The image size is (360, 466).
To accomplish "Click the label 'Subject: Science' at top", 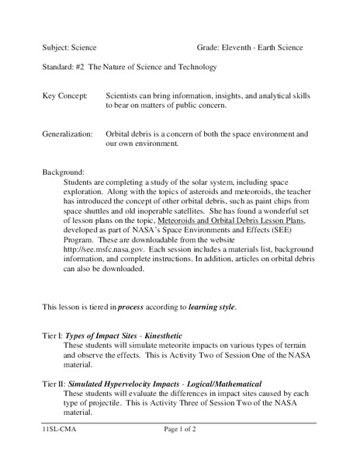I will pyautogui.click(x=70, y=47).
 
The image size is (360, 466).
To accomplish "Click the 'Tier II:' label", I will pyautogui.click(x=54, y=384).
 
